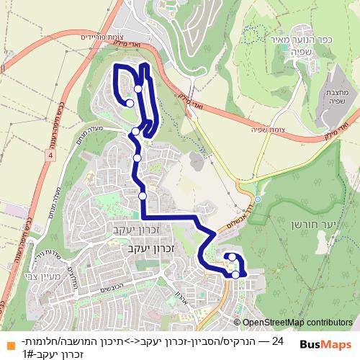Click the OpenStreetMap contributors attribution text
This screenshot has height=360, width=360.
pos(296,323)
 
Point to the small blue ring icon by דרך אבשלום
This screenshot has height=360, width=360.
pos(257,199)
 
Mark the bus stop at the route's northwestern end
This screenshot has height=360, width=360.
pos(130,103)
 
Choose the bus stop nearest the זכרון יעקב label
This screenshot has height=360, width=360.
pos(143,196)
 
